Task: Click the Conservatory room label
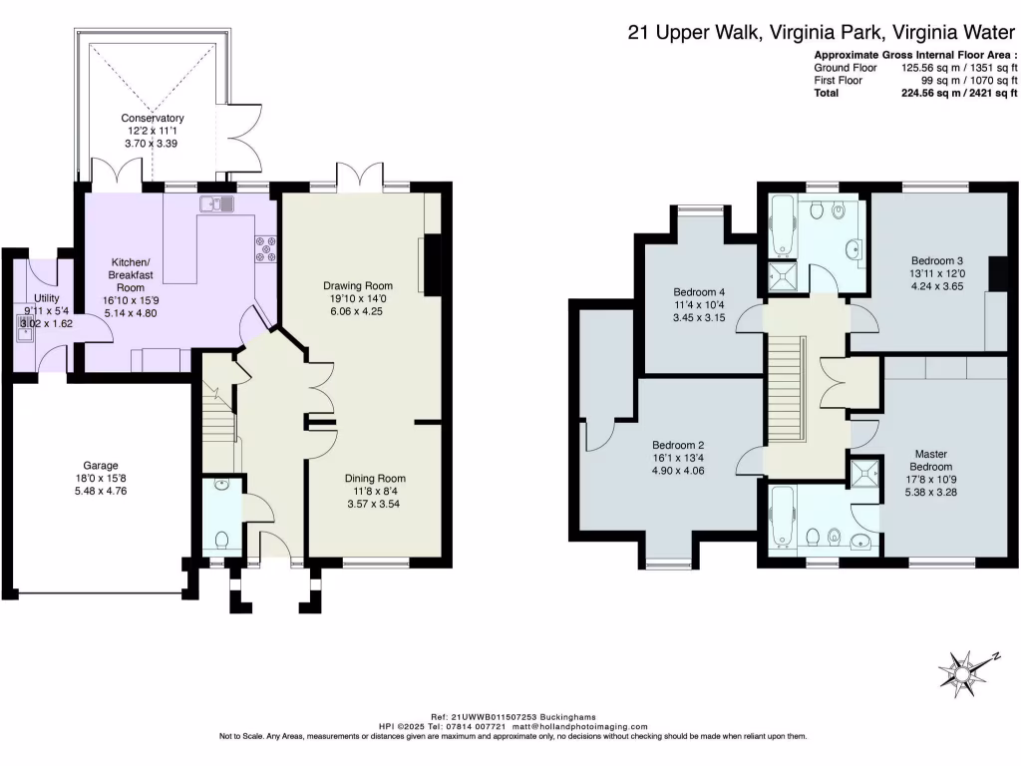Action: [154, 118]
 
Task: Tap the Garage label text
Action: [101, 465]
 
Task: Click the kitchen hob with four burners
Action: [266, 249]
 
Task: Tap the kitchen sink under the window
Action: [216, 205]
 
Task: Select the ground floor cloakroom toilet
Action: [220, 541]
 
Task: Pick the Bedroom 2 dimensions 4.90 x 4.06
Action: [678, 471]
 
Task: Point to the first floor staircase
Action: [786, 389]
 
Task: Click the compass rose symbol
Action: [966, 671]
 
